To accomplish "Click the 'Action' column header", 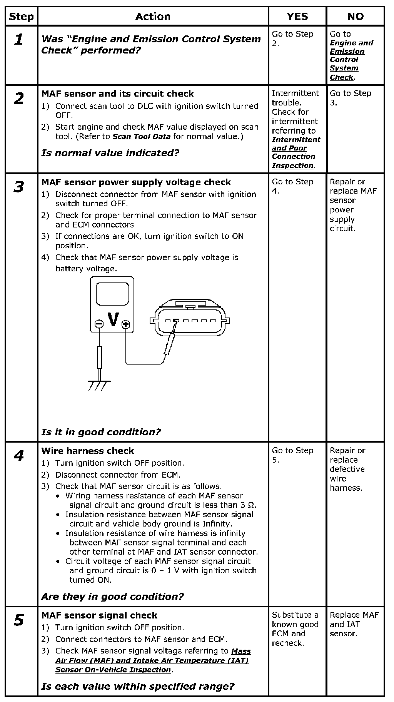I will (153, 17).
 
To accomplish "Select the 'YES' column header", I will (297, 17).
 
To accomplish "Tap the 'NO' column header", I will (355, 17).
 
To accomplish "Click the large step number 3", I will (19, 187).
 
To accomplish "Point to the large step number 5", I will (19, 620).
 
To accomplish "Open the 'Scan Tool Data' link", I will (141, 137).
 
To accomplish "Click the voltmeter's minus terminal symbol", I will (99, 324).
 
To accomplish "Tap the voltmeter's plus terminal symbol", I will (125, 324).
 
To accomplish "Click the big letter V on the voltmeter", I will (113, 319).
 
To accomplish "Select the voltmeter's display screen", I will (112, 294).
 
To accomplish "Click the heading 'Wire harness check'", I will (88, 451).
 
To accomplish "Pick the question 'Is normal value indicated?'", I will (110, 153).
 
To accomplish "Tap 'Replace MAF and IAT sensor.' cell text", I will (354, 624).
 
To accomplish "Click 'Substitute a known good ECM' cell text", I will (295, 629).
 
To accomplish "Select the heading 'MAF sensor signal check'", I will (99, 615).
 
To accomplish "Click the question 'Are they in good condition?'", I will (112, 597).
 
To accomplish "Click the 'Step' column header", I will (22, 17).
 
